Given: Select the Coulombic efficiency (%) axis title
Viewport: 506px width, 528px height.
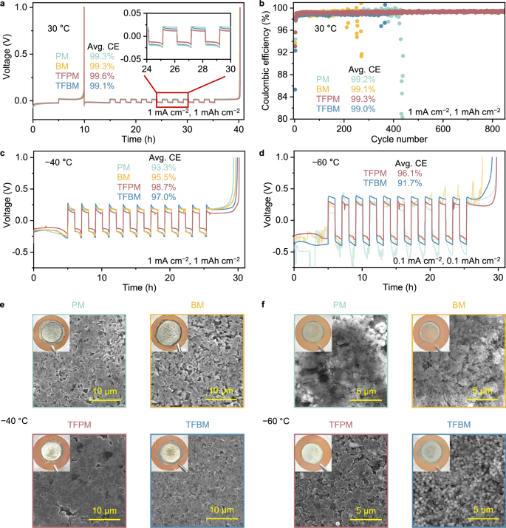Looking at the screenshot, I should [264, 62].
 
